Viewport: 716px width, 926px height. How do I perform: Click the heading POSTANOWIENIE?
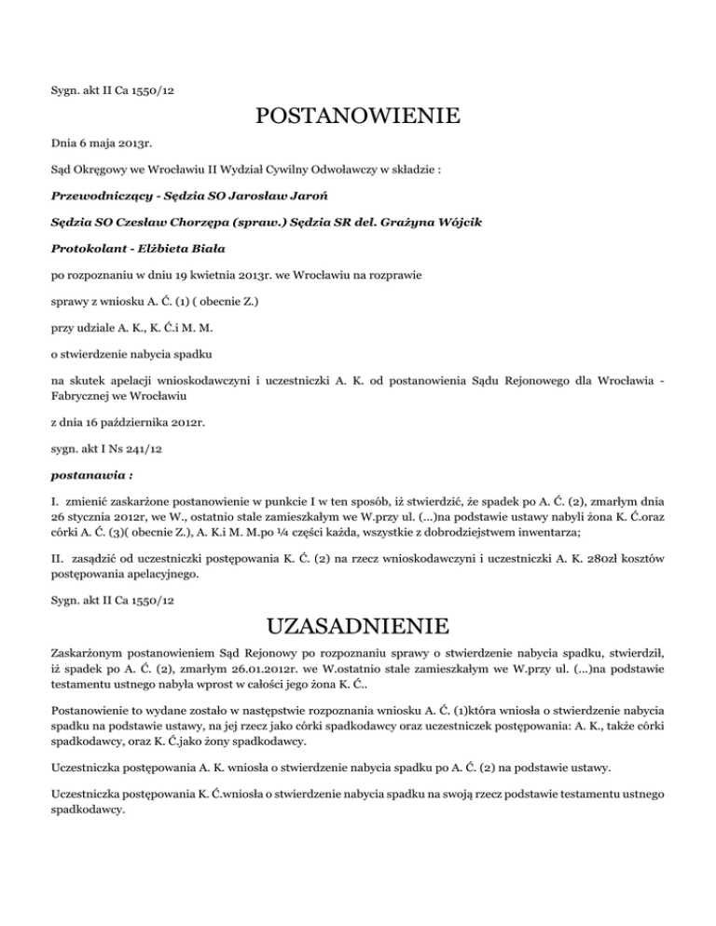[x=358, y=117]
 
